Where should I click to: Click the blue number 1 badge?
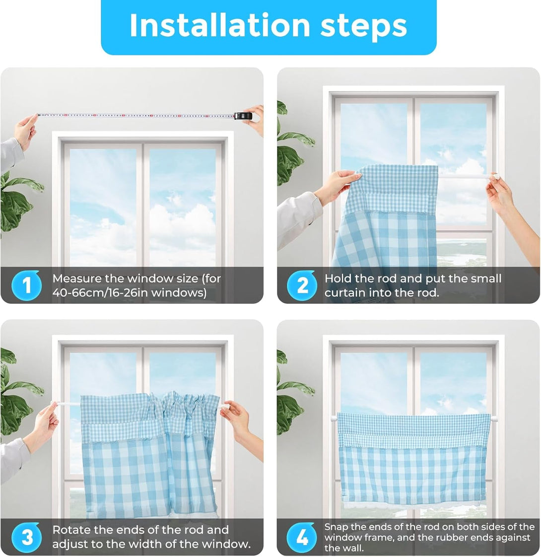pos(26,285)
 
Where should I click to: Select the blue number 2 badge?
pos(302,285)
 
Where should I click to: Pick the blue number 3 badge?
pos(26,537)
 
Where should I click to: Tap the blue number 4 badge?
pos(302,537)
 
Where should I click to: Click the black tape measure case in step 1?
pos(244,116)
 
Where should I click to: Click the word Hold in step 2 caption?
pos(338,278)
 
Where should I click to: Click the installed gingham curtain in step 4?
pos(413,457)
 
